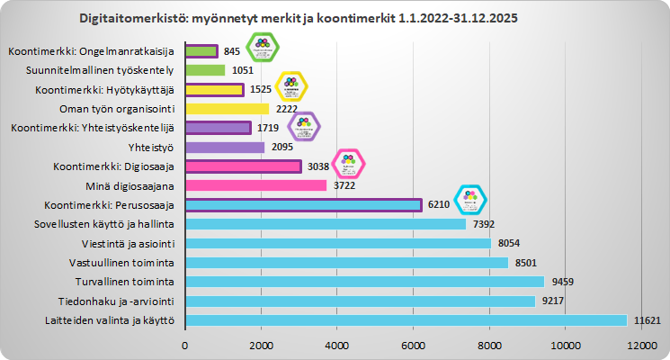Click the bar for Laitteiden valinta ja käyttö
[x=405, y=320]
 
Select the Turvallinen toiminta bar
[x=364, y=282]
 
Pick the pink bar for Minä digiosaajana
[x=255, y=185]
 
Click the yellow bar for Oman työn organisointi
[x=227, y=109]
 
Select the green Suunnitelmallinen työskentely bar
[x=204, y=70]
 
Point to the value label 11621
[x=648, y=320]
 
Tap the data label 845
[x=232, y=51]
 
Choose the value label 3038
[x=317, y=166]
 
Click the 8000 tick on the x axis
[x=489, y=345]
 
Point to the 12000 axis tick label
[x=641, y=345]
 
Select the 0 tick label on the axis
[x=185, y=345]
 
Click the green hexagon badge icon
[x=262, y=47]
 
